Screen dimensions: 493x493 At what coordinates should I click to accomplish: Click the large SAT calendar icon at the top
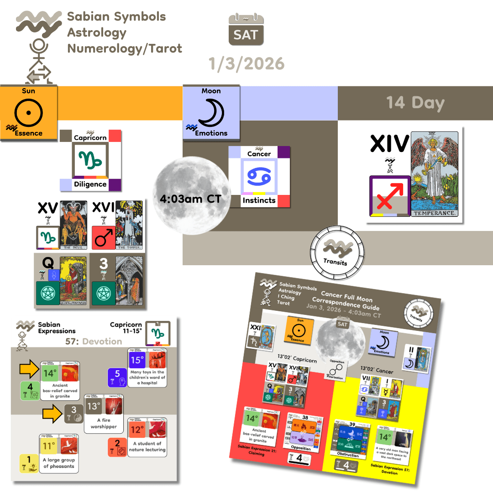click(246, 29)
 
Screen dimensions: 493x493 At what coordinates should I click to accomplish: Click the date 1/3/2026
click(246, 63)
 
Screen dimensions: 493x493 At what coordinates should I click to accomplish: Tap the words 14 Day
click(415, 103)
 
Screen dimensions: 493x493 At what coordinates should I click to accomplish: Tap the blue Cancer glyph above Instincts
click(259, 176)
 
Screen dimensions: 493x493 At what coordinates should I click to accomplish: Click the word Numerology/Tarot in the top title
click(124, 48)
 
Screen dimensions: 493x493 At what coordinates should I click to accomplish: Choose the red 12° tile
click(136, 430)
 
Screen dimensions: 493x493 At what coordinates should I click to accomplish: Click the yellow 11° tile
click(49, 446)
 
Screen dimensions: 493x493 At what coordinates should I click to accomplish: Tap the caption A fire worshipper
click(104, 423)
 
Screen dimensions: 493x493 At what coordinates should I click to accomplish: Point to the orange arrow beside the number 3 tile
click(51, 414)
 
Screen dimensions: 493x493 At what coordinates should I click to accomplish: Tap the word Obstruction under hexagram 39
click(348, 455)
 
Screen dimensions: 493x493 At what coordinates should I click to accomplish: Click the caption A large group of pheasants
click(59, 463)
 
